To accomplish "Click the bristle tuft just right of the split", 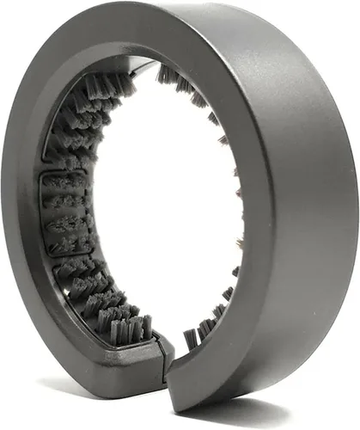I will (193, 331).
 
